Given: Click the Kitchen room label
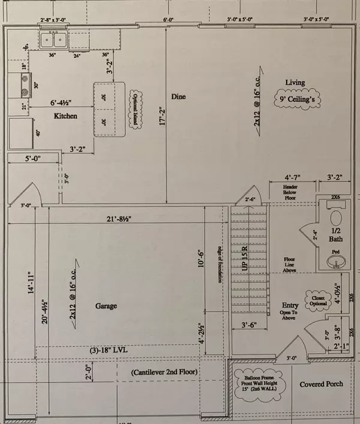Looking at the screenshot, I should [65, 115].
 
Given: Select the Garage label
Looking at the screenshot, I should [106, 306].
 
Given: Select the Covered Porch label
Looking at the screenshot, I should [322, 384].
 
